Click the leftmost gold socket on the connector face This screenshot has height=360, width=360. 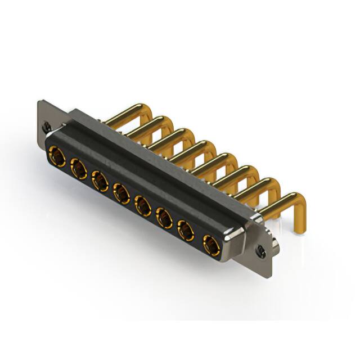pyautogui.click(x=56, y=154)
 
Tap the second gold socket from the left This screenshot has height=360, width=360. pyautogui.click(x=78, y=167)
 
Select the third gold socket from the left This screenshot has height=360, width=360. pyautogui.click(x=100, y=180)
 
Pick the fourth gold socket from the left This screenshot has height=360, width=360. pyautogui.click(x=121, y=193)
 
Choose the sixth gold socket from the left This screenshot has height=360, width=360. pyautogui.click(x=164, y=218)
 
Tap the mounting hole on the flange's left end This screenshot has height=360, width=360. pyautogui.click(x=49, y=127)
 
